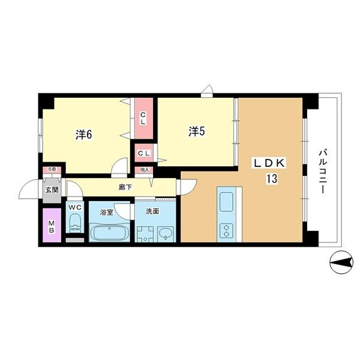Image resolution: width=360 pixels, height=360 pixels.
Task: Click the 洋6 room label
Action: (x=83, y=134)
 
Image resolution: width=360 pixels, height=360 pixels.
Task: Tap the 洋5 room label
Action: (x=197, y=131)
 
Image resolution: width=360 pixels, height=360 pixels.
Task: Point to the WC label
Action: (x=75, y=208)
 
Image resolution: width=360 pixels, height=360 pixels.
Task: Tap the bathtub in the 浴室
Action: (x=108, y=232)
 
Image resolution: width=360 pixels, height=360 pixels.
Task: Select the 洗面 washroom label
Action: (x=152, y=211)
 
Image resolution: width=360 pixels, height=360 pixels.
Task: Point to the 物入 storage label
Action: (x=144, y=170)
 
